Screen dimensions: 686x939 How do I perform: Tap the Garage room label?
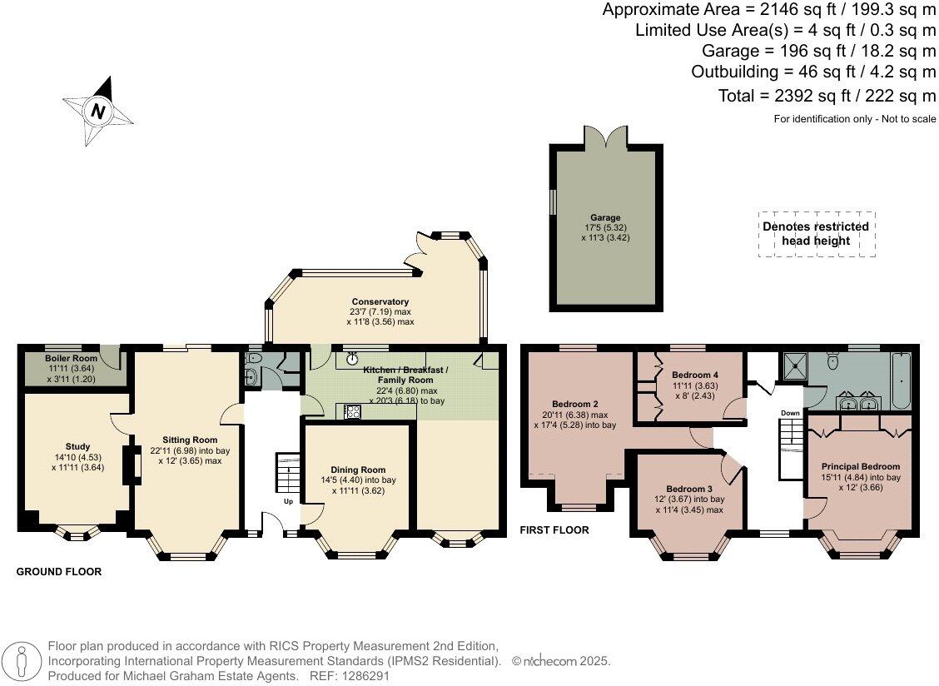click(606, 218)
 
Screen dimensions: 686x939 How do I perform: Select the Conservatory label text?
click(380, 301)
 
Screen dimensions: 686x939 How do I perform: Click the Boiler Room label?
click(72, 358)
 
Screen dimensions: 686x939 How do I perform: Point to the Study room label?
click(77, 446)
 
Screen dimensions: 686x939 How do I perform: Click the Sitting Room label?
click(190, 440)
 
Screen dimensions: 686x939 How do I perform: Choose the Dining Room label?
click(358, 470)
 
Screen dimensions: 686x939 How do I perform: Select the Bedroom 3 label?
click(688, 489)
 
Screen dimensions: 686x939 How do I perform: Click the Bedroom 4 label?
click(694, 375)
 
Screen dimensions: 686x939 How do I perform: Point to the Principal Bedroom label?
click(862, 466)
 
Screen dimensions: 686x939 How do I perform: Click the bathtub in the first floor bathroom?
click(901, 377)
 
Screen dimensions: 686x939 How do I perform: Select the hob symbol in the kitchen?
click(352, 410)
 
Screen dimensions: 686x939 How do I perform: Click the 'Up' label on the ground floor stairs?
click(288, 502)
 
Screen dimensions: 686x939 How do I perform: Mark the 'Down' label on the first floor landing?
click(790, 413)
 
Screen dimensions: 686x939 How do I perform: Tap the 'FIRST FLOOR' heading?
click(554, 529)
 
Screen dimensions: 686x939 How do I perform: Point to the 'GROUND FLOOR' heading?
click(59, 572)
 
